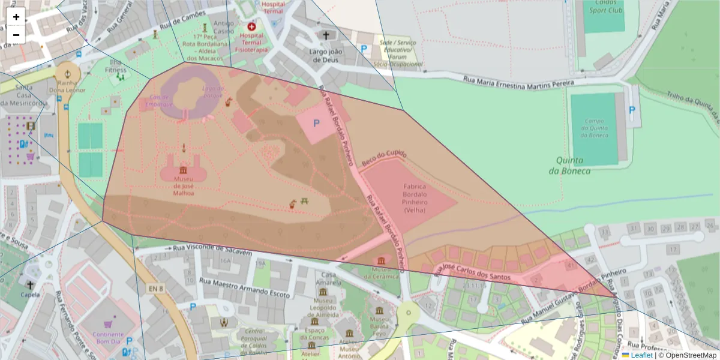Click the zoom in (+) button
(16, 17)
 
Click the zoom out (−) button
(16, 35)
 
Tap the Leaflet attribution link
(640, 355)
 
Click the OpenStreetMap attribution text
(691, 355)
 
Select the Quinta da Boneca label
(569, 165)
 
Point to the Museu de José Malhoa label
(184, 185)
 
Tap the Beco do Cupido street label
(385, 158)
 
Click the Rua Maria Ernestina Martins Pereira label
(519, 83)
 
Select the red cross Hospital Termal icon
(251, 26)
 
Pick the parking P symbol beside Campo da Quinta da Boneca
(632, 110)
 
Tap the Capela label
(31, 295)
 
